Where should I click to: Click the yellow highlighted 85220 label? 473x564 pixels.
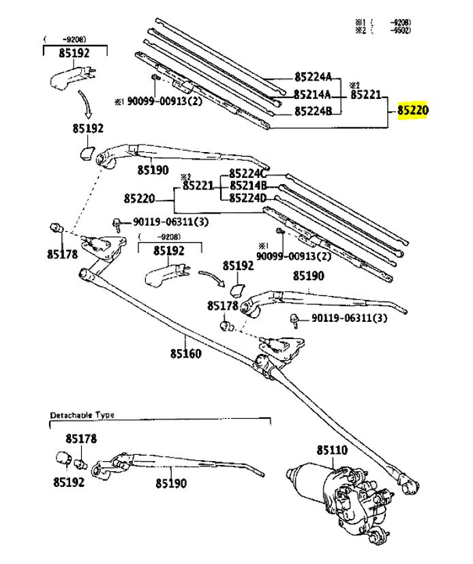(412, 110)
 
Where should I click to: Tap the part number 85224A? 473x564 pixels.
(313, 77)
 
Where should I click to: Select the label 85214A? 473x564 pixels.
(313, 94)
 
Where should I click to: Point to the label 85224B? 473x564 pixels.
(313, 111)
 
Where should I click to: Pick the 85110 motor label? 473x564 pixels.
(332, 450)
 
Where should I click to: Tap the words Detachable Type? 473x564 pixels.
(82, 415)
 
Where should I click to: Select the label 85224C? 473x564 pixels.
(248, 173)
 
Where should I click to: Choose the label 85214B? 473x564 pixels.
(248, 185)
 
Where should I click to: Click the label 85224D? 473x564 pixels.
(248, 198)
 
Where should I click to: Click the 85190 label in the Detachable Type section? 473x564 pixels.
(170, 483)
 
